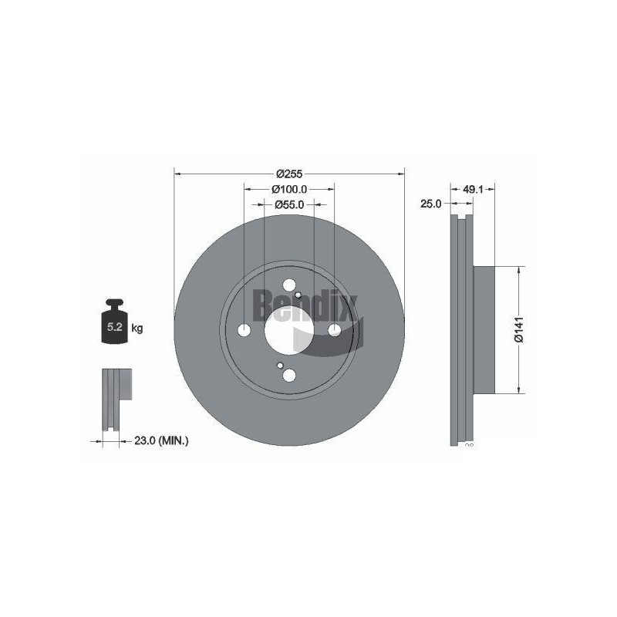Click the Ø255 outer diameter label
click(x=288, y=173)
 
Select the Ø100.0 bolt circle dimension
click(x=288, y=189)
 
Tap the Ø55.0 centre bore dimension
click(x=289, y=204)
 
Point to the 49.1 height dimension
click(x=473, y=189)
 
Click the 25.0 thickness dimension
click(x=431, y=204)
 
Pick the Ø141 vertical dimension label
click(x=519, y=329)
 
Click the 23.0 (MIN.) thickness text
click(x=161, y=440)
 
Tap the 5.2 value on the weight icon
click(x=114, y=327)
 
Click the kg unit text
click(x=137, y=328)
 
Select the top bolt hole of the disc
click(x=289, y=285)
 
